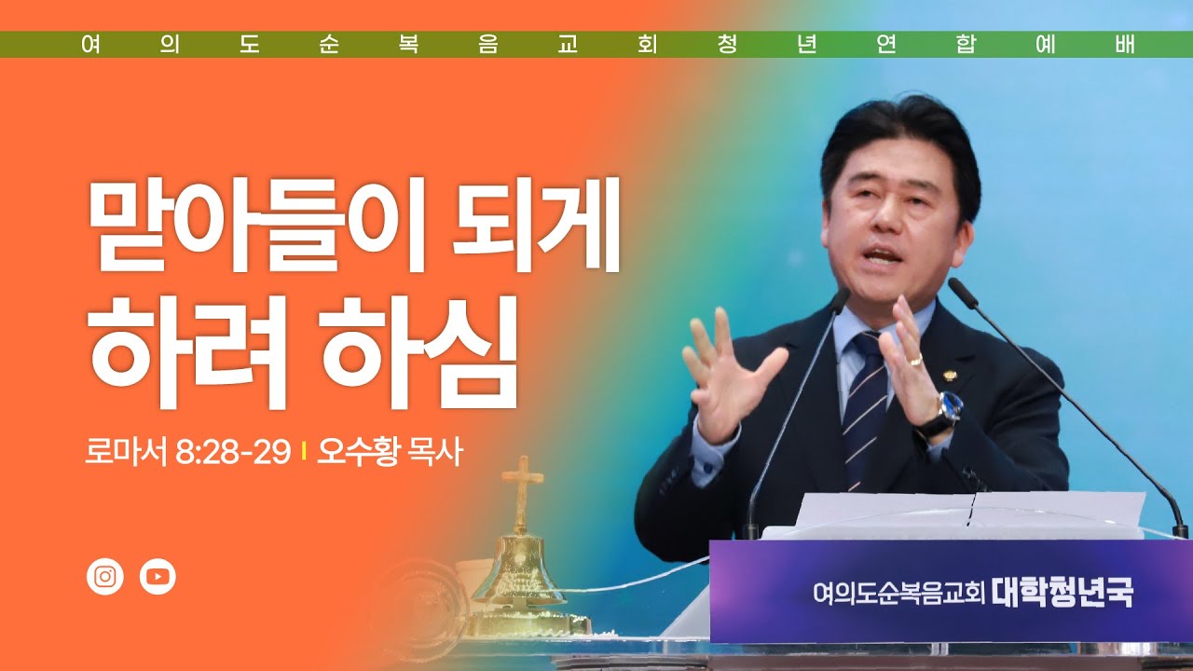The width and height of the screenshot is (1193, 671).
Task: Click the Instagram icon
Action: tap(104, 577)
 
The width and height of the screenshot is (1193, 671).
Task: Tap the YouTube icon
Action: tap(158, 577)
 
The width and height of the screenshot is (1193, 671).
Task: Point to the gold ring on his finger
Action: tap(916, 360)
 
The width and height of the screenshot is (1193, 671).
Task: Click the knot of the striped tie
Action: tap(866, 348)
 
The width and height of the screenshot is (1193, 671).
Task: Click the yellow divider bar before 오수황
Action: tap(303, 454)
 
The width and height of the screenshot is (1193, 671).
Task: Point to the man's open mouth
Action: tap(884, 254)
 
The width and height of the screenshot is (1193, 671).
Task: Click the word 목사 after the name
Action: tap(435, 453)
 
